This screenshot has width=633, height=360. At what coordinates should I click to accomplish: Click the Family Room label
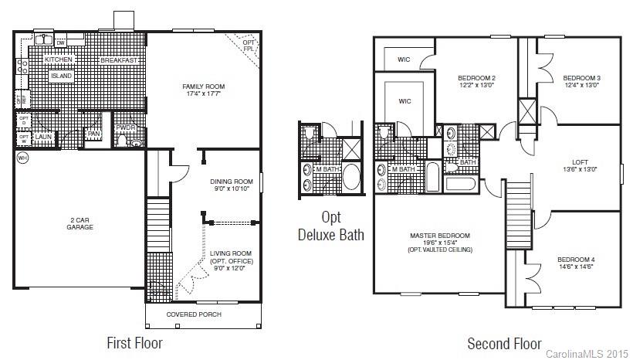point(203,86)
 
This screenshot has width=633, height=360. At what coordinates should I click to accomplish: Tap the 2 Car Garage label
point(80,223)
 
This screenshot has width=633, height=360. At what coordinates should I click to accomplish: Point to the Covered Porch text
point(194,314)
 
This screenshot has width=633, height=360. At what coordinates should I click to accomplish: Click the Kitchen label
point(58,59)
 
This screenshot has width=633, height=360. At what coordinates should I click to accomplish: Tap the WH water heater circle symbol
point(22,158)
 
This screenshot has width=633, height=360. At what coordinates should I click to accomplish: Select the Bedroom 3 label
point(581,78)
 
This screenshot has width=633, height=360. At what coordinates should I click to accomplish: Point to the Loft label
point(581,162)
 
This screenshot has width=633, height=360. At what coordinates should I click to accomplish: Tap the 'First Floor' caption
point(134,342)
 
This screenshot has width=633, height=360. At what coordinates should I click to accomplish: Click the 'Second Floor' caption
point(504,343)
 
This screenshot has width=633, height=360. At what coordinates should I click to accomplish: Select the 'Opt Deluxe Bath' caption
point(331,226)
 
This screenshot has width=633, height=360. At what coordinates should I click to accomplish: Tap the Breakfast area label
point(119,59)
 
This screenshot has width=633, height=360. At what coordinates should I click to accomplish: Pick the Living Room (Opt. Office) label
point(232,261)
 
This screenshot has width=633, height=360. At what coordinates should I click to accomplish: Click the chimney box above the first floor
point(124,20)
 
